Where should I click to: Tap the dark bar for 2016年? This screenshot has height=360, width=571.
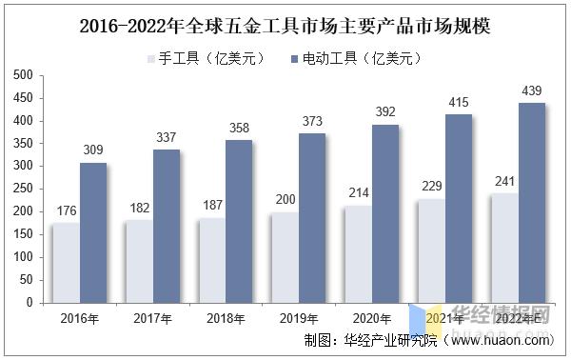tap(93, 232)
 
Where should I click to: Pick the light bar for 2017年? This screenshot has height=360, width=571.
tap(138, 261)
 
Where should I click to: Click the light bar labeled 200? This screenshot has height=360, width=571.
tap(284, 257)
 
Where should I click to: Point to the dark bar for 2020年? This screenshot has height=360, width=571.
tap(385, 213)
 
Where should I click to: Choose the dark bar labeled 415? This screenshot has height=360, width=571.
tap(459, 209)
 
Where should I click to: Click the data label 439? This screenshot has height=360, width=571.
tap(532, 91)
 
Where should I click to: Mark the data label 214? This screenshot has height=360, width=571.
tap(357, 194)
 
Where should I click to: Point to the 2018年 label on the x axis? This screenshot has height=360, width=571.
tap(226, 317)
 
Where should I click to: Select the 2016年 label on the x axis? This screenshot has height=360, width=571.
tap(79, 317)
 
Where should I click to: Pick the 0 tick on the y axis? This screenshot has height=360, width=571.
tap(30, 303)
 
